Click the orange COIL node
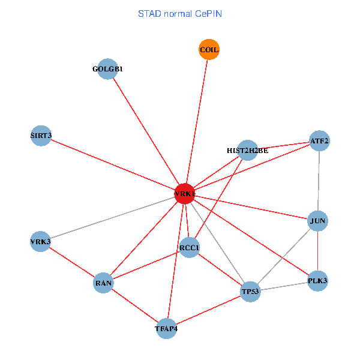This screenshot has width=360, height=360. (209, 50)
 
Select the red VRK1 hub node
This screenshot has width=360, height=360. (184, 194)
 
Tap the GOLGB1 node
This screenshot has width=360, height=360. (107, 69)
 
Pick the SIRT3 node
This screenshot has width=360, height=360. (40, 136)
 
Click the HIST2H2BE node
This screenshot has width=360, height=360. (247, 150)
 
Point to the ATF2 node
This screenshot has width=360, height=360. (319, 141)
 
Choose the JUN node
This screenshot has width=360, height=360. (317, 221)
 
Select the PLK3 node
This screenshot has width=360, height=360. (317, 281)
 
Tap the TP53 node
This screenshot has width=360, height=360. (250, 292)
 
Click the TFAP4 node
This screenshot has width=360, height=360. (166, 328)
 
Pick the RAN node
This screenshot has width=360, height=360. (103, 283)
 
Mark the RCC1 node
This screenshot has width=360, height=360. (189, 247)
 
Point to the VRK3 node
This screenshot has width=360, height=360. (40, 242)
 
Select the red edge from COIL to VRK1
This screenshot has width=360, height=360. (197, 120)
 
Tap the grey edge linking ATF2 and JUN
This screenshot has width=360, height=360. (319, 180)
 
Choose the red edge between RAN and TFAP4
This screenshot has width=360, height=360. (135, 305)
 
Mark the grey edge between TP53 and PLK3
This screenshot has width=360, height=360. (283, 286)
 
